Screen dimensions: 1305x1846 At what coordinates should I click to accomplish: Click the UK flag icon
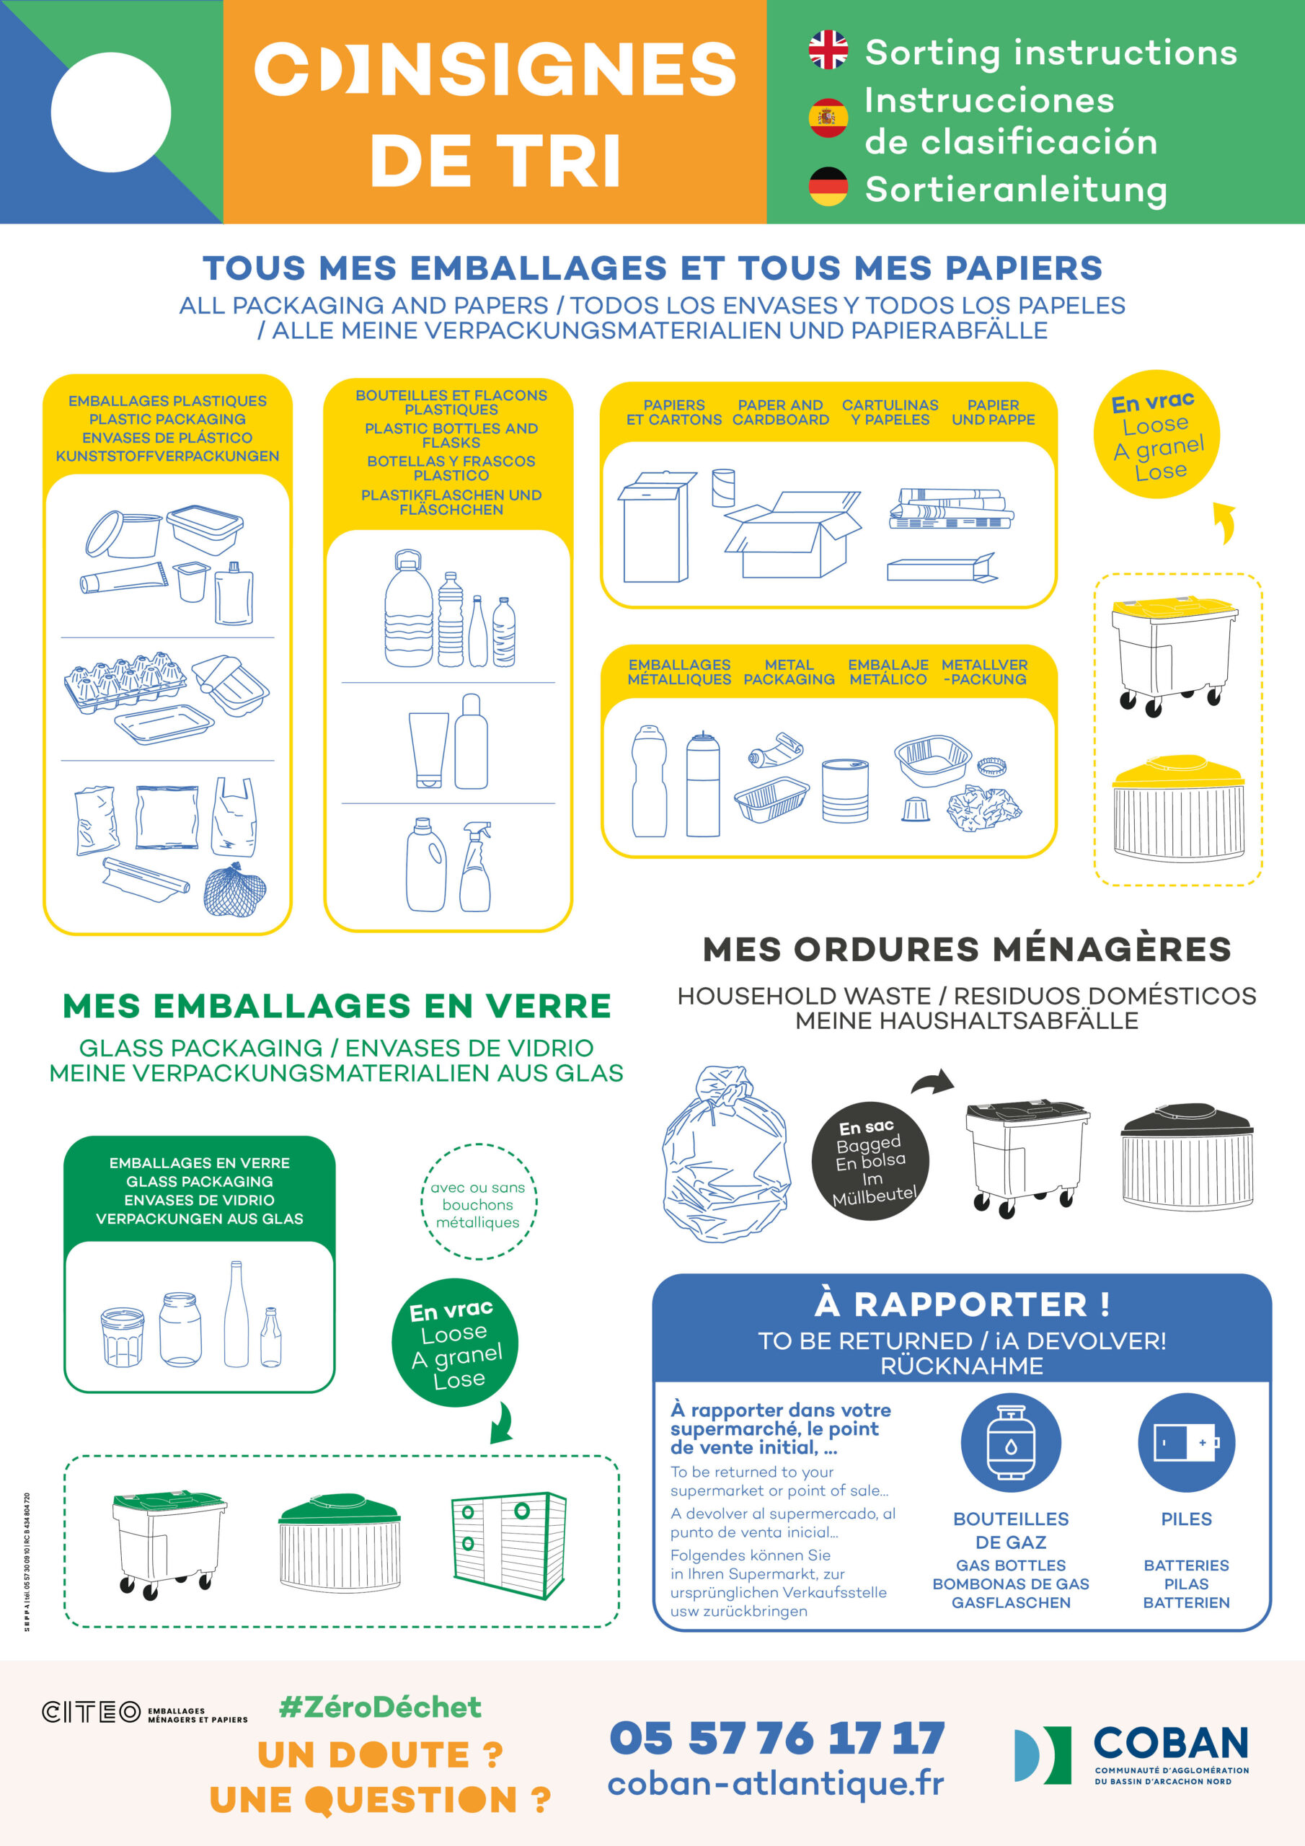(828, 50)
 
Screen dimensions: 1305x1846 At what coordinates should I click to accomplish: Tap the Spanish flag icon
(828, 118)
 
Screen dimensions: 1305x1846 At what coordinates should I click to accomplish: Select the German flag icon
(828, 187)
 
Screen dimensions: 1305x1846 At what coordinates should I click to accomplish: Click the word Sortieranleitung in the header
(1016, 190)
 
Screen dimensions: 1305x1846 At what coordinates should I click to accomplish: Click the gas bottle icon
(1011, 1443)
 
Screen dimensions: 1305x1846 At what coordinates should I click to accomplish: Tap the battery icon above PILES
(1186, 1443)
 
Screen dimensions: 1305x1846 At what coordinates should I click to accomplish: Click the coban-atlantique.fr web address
(776, 1783)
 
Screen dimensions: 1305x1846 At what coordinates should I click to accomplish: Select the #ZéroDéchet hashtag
(379, 1707)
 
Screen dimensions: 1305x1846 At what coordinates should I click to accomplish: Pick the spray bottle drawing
(475, 867)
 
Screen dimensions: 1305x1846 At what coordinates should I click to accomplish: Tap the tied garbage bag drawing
(725, 1154)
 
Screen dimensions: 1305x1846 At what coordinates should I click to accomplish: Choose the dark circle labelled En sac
(871, 1161)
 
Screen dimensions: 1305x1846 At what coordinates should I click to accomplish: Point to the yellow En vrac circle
(1156, 434)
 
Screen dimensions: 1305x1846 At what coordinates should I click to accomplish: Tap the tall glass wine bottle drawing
(236, 1314)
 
